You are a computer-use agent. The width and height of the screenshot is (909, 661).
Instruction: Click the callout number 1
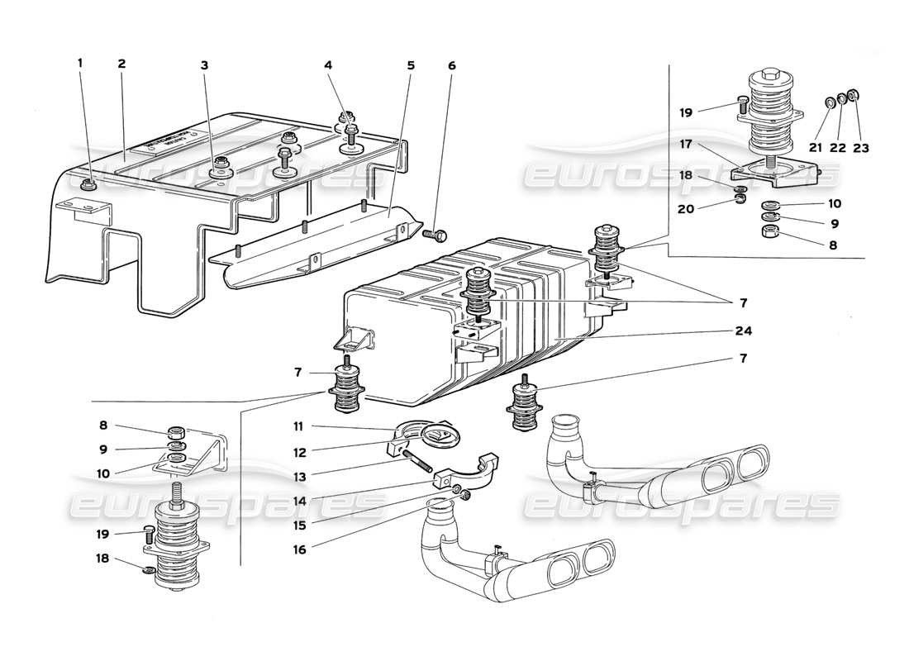[x=81, y=64]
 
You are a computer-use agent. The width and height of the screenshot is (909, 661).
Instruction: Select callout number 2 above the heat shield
[x=121, y=64]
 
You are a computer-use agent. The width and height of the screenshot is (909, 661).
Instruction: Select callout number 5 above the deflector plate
[x=411, y=64]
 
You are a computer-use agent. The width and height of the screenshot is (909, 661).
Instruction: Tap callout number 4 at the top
[x=328, y=64]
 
